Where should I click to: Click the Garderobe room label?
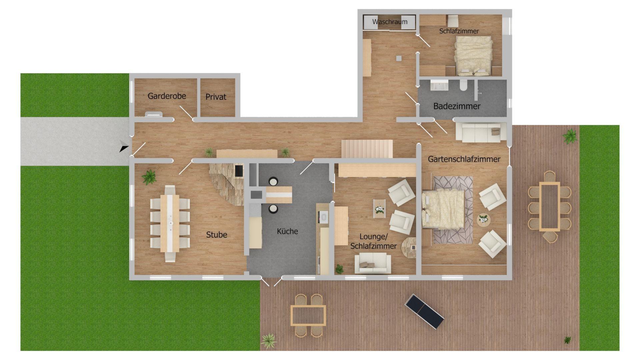(167, 96)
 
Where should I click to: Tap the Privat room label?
(216, 97)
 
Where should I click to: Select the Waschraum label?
(390, 22)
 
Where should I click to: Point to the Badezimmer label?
(457, 106)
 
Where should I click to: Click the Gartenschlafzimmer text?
(464, 159)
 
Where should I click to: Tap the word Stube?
(216, 235)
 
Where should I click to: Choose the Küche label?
(287, 231)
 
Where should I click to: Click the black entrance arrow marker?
(124, 147)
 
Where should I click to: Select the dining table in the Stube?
(170, 223)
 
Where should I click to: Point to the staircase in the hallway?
(367, 149)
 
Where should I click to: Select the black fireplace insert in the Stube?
(239, 171)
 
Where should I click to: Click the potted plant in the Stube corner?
(149, 177)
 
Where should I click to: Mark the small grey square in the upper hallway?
(399, 58)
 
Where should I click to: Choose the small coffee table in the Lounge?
(379, 209)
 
